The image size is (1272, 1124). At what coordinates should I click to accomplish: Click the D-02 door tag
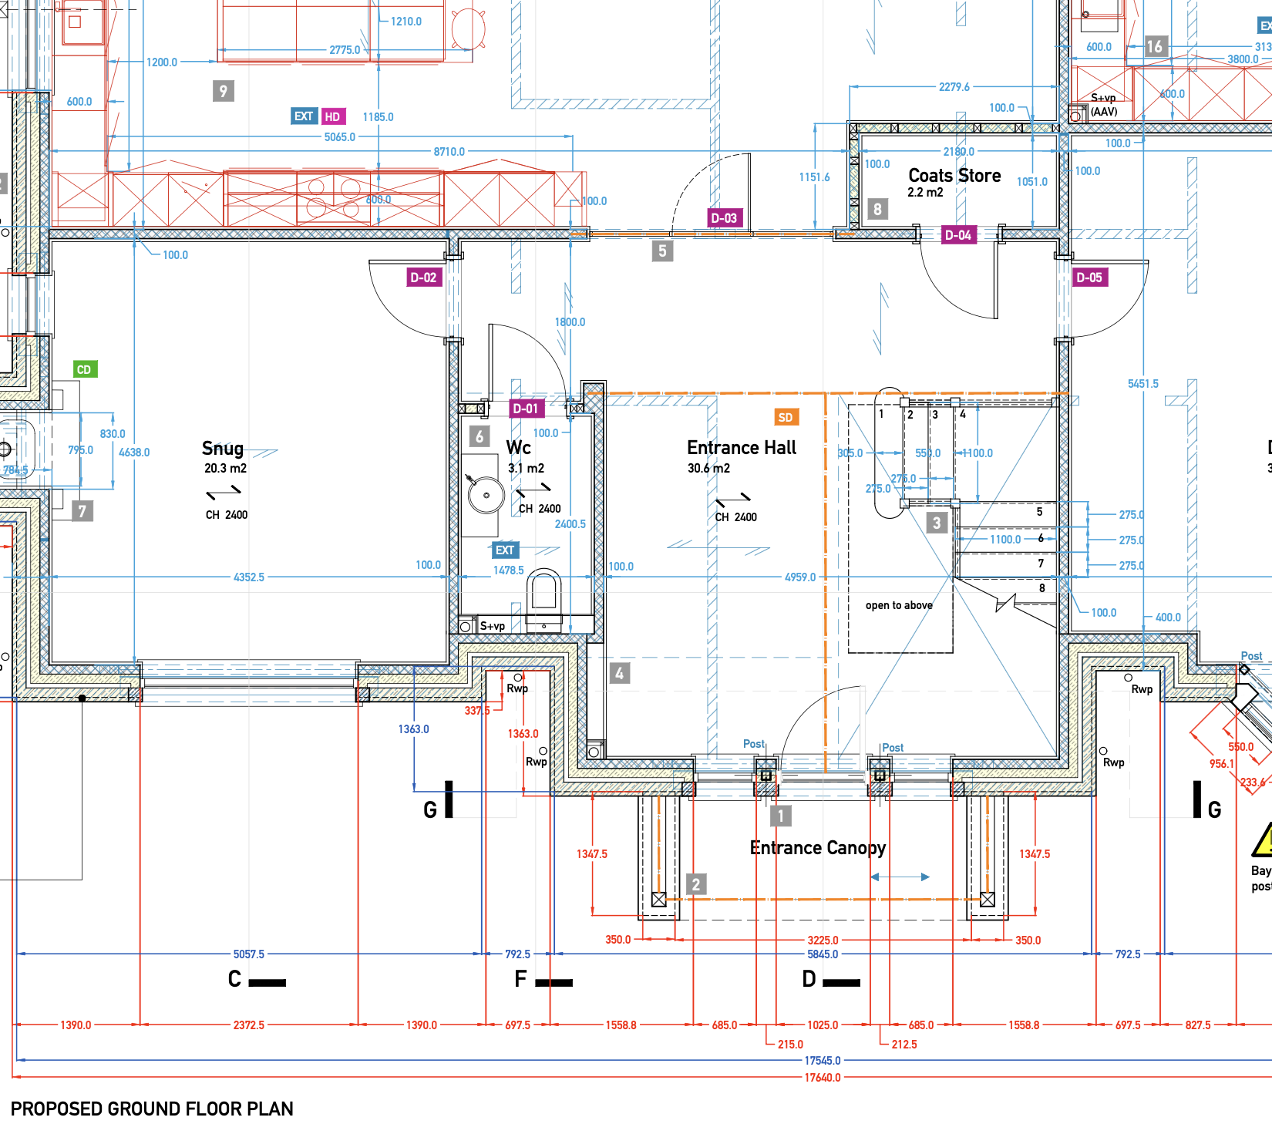pyautogui.click(x=423, y=278)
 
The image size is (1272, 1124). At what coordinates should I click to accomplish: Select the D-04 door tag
pyautogui.click(x=958, y=235)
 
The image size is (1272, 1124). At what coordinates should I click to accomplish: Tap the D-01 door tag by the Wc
pyautogui.click(x=526, y=409)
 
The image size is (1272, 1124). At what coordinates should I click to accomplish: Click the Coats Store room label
pyautogui.click(x=954, y=176)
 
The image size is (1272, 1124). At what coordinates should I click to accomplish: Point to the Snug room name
pyautogui.click(x=223, y=449)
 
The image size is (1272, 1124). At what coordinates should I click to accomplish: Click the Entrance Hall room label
pyautogui.click(x=741, y=448)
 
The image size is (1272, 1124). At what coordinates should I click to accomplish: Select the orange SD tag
pyautogui.click(x=786, y=417)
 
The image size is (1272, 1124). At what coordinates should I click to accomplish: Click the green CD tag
pyautogui.click(x=84, y=369)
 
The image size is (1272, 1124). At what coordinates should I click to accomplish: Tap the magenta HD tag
pyautogui.click(x=332, y=116)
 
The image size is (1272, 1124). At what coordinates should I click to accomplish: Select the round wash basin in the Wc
pyautogui.click(x=486, y=495)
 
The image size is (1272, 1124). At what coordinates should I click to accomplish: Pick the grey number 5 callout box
pyautogui.click(x=662, y=251)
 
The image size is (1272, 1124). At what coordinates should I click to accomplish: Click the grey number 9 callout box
pyautogui.click(x=223, y=91)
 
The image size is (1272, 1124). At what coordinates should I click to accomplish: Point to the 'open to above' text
pyautogui.click(x=899, y=605)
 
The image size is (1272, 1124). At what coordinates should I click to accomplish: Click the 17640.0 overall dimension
pyautogui.click(x=823, y=1078)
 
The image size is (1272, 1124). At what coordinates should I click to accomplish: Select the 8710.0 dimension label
pyautogui.click(x=449, y=152)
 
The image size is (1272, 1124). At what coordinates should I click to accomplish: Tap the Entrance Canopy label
pyautogui.click(x=817, y=848)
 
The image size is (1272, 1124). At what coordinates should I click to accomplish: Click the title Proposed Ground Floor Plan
pyautogui.click(x=152, y=1109)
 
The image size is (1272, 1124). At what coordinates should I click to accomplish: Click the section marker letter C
pyautogui.click(x=235, y=979)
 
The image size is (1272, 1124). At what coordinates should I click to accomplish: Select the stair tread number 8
pyautogui.click(x=1042, y=588)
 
